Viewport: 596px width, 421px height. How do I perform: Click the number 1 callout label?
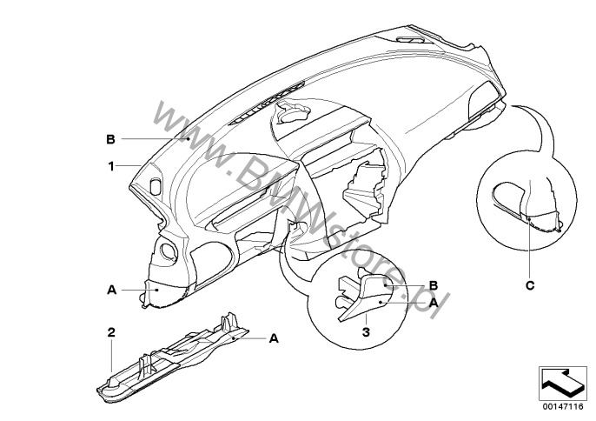tap(111, 164)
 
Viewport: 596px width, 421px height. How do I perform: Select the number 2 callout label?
tap(111, 331)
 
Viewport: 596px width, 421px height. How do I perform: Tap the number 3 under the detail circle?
tap(368, 331)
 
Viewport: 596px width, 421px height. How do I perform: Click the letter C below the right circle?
tap(530, 283)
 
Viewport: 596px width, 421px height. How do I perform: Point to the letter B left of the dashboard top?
tap(110, 139)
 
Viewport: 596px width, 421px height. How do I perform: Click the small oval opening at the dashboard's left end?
tap(156, 184)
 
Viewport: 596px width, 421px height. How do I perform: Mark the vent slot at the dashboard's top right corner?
tap(412, 43)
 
